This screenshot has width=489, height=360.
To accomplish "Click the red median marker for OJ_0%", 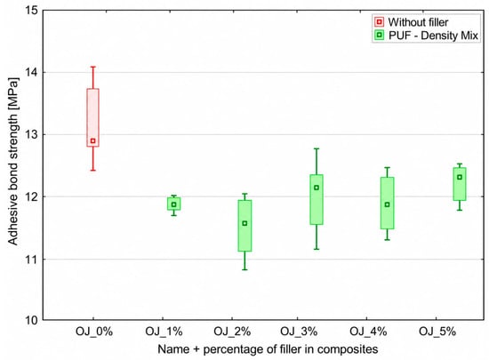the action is click(x=92, y=140).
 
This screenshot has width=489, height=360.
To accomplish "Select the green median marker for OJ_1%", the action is click(x=173, y=204).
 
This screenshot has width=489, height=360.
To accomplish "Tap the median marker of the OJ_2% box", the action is click(x=244, y=223).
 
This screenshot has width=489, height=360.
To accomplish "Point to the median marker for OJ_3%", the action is click(x=317, y=188).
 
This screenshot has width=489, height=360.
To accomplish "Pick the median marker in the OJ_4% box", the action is click(x=387, y=204).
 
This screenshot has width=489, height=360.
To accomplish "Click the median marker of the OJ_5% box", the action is click(x=460, y=178).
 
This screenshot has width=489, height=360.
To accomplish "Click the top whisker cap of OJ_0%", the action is click(x=92, y=67).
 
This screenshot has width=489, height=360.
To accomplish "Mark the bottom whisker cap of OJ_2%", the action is click(x=244, y=269).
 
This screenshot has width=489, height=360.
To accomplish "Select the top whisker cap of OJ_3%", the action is click(x=317, y=148).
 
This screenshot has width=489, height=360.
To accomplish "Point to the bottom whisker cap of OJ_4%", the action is click(x=387, y=240).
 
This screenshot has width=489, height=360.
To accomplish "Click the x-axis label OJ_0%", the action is click(x=94, y=332).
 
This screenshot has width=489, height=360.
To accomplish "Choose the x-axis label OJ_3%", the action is click(x=299, y=332).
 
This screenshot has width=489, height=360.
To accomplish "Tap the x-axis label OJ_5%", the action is click(x=437, y=332).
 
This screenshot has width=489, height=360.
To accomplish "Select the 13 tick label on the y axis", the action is click(x=31, y=134).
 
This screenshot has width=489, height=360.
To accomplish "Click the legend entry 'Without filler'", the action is click(x=418, y=22).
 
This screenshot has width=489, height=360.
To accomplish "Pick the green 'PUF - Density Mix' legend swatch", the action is click(x=380, y=36).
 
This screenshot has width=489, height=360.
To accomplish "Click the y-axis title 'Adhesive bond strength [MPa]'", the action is click(x=12, y=161).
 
